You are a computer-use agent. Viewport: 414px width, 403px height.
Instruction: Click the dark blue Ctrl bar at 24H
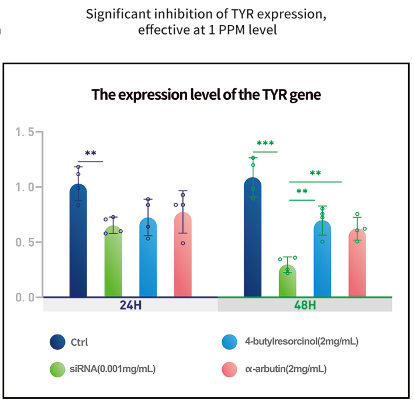[x=78, y=246]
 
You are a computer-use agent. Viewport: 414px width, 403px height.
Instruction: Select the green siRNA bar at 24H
[x=113, y=263]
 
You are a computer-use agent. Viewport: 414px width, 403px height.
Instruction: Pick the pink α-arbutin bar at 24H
[x=183, y=257]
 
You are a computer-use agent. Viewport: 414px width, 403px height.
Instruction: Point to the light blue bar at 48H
[x=322, y=260]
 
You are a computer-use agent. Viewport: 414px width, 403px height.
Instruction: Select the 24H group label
[x=130, y=305]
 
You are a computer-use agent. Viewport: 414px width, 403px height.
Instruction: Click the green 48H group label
[x=305, y=305]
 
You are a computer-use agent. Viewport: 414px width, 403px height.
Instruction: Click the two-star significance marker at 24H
[x=91, y=154]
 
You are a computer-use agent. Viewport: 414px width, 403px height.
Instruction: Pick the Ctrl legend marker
[x=57, y=342]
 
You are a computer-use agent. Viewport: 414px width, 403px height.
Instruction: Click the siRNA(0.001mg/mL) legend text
[x=113, y=369]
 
